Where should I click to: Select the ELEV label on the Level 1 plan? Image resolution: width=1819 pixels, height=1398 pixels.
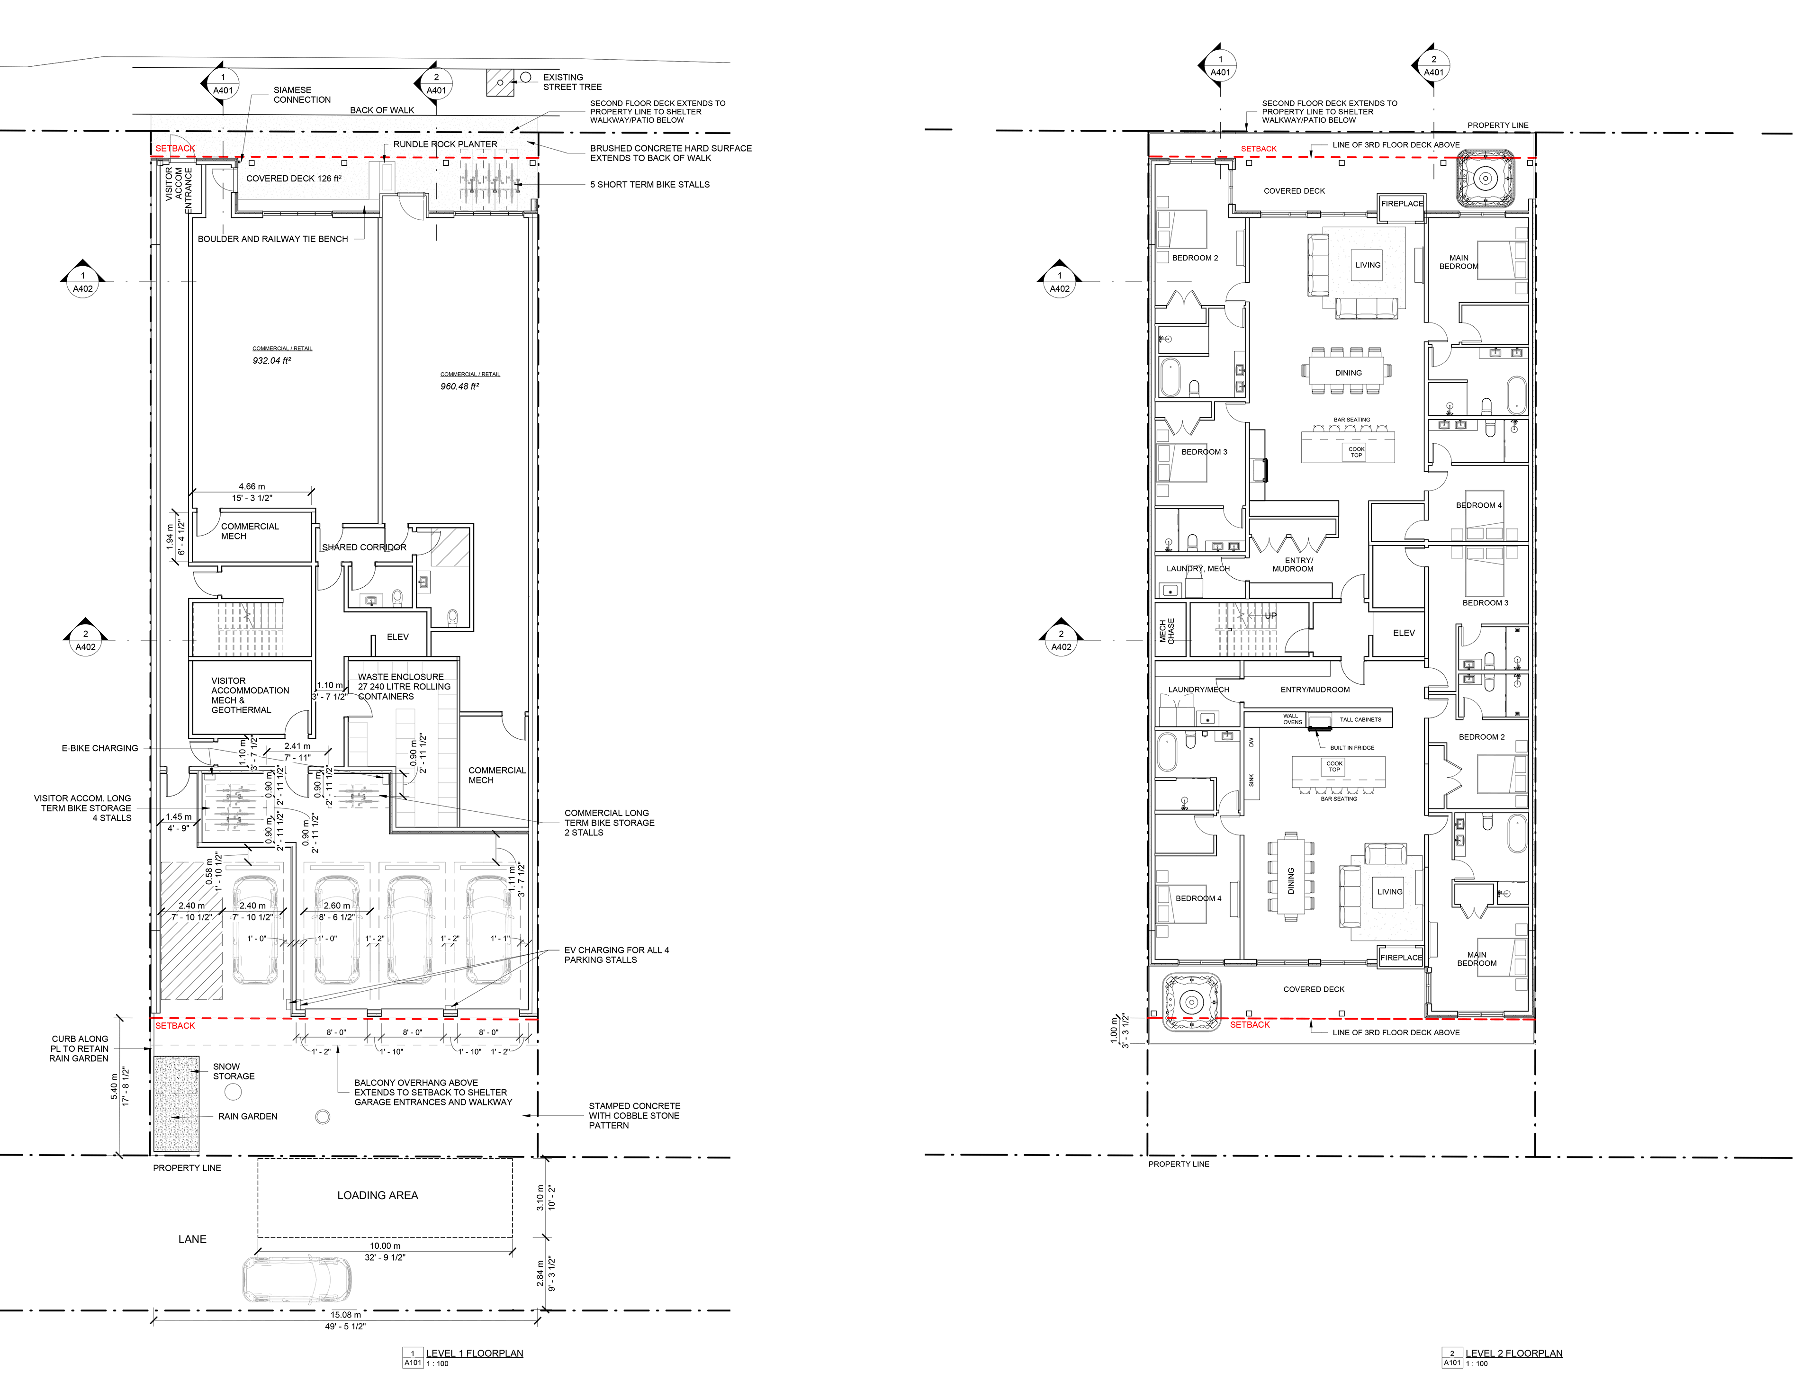(x=398, y=636)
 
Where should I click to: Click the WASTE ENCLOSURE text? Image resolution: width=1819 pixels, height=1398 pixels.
(x=400, y=677)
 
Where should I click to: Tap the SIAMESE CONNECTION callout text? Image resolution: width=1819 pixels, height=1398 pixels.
(x=301, y=95)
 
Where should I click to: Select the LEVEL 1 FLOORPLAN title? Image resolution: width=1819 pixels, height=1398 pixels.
(x=474, y=1353)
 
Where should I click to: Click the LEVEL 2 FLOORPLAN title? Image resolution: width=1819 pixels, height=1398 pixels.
(x=1513, y=1353)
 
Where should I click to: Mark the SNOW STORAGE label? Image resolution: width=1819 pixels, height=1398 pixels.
(x=233, y=1071)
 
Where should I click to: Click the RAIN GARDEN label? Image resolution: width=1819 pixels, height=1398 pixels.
(x=247, y=1116)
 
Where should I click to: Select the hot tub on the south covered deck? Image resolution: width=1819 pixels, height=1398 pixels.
(x=1191, y=1002)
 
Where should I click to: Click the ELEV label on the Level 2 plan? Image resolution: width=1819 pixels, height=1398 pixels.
(x=1404, y=633)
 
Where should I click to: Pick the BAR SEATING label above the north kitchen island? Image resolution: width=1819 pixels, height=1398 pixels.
(x=1351, y=420)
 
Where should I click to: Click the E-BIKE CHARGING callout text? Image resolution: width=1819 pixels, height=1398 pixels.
(x=99, y=748)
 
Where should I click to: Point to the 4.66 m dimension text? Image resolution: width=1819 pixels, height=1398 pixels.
(x=252, y=487)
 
